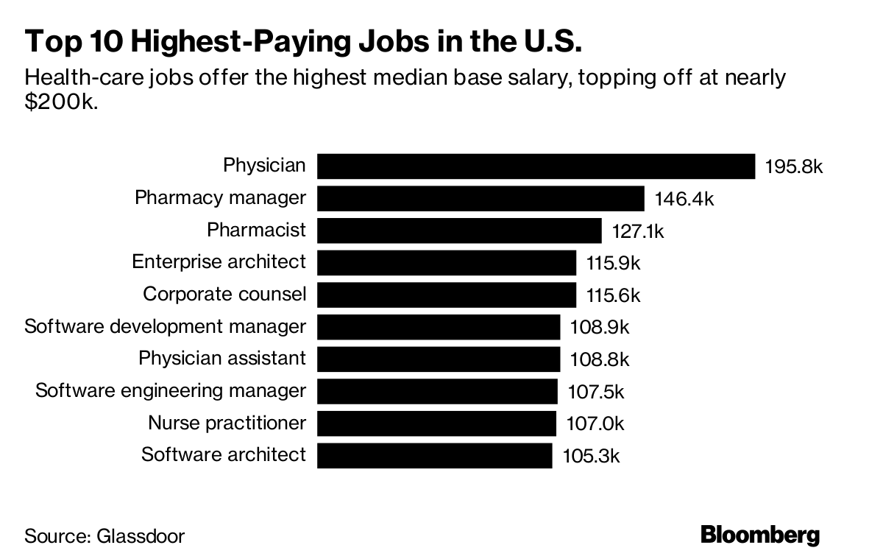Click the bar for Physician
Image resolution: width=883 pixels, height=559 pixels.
[536, 166]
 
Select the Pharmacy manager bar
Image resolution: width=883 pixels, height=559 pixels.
[481, 199]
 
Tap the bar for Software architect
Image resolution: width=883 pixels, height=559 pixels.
[435, 456]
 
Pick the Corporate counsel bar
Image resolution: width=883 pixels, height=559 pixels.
[447, 295]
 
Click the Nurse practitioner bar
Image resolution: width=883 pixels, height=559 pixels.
[437, 423]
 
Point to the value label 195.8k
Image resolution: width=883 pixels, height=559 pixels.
[794, 167]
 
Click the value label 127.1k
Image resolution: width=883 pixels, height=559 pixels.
[638, 231]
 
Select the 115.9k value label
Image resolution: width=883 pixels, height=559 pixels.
[614, 263]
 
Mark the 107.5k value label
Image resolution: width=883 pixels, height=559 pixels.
[596, 392]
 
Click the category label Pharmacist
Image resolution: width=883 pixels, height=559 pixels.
[256, 230]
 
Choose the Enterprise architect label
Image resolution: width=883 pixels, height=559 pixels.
[219, 262]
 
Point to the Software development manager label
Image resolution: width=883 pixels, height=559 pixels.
[165, 327]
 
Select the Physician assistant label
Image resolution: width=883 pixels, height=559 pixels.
[222, 359]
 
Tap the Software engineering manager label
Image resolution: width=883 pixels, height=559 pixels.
[171, 391]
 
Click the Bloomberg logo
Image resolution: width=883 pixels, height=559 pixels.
[760, 535]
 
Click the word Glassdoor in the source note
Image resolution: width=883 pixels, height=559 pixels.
[141, 536]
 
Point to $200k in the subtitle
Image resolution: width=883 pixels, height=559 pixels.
[61, 102]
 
